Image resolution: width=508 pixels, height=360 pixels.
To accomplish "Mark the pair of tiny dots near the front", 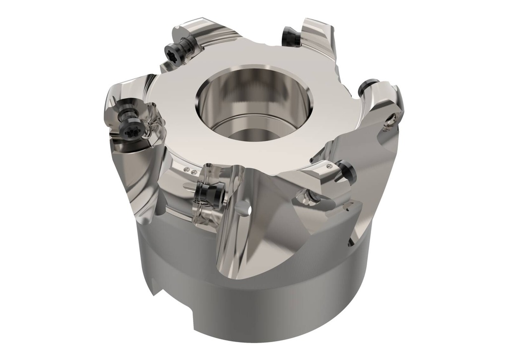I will (190, 171).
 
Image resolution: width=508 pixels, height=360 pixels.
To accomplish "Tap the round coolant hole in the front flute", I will (245, 211).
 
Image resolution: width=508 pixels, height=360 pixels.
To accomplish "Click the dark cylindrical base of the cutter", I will (278, 307).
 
